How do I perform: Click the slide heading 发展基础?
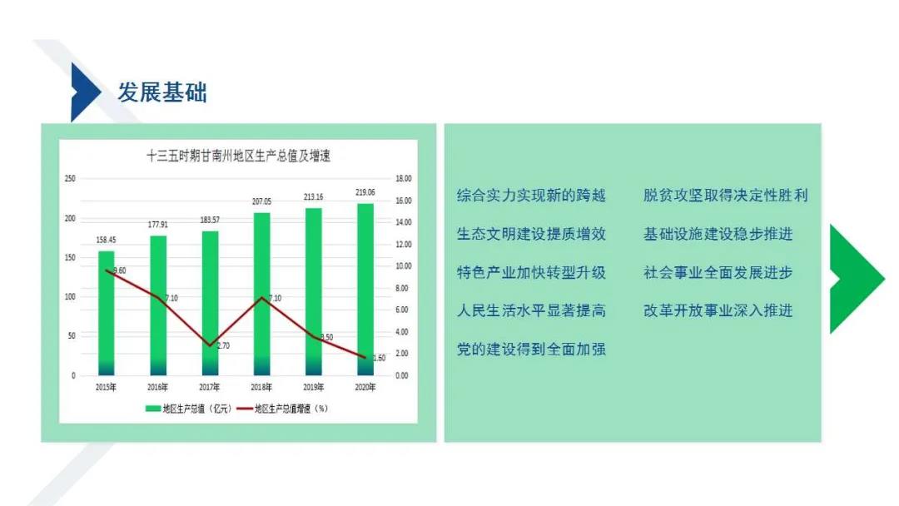coord(162,92)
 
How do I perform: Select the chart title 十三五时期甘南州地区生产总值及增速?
coord(239,156)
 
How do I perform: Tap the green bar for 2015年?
coord(106,313)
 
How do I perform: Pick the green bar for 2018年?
coord(261,294)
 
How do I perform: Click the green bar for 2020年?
coord(365,290)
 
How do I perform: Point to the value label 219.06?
coord(365,192)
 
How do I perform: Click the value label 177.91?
coord(157,225)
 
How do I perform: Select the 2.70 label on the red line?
coord(223,345)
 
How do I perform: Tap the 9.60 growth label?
coord(119,270)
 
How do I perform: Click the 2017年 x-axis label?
coord(209,387)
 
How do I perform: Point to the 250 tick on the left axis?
coord(70,179)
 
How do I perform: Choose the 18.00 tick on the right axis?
coord(404,179)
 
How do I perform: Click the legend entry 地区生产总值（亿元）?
coord(189,409)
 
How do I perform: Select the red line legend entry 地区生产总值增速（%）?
coord(283,409)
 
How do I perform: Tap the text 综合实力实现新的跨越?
coord(531,196)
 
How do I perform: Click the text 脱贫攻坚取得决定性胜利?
coord(725,196)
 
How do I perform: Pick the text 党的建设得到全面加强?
coord(531,349)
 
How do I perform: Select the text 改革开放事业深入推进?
coord(718,310)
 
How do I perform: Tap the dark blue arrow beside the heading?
coord(84,92)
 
